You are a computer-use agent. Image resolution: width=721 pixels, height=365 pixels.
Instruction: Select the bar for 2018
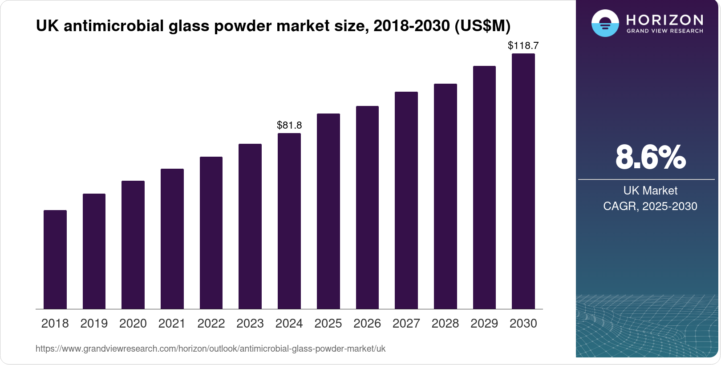pyautogui.click(x=55, y=260)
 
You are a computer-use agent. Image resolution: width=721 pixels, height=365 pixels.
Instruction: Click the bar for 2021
pyautogui.click(x=172, y=239)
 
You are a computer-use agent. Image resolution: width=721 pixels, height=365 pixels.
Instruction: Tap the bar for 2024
pyautogui.click(x=289, y=221)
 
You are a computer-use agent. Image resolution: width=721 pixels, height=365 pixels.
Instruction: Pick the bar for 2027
pyautogui.click(x=406, y=200)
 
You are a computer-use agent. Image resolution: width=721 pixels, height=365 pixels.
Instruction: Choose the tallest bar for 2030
pyautogui.click(x=523, y=181)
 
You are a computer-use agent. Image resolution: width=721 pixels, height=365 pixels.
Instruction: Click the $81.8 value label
pyautogui.click(x=289, y=125)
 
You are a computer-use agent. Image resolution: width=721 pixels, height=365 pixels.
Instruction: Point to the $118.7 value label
pyautogui.click(x=523, y=45)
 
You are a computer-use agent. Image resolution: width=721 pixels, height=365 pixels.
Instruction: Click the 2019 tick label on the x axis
pyautogui.click(x=94, y=324)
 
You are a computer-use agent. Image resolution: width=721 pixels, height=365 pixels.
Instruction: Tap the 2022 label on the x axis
pyautogui.click(x=211, y=324)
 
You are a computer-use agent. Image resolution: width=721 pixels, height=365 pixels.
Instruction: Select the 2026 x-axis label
pyautogui.click(x=367, y=324)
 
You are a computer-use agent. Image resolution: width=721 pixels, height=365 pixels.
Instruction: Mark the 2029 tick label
pyautogui.click(x=484, y=324)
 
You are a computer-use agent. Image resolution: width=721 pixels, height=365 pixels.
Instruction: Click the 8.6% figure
pyautogui.click(x=650, y=157)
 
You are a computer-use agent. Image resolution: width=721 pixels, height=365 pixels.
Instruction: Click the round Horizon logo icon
pyautogui.click(x=605, y=23)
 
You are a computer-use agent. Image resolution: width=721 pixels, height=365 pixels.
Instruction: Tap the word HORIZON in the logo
pyautogui.click(x=664, y=20)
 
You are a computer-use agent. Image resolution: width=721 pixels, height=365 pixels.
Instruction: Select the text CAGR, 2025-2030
pyautogui.click(x=650, y=206)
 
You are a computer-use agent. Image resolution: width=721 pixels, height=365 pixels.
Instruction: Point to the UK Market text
pyautogui.click(x=650, y=191)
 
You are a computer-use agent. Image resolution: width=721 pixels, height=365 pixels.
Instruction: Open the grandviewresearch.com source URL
pyautogui.click(x=211, y=349)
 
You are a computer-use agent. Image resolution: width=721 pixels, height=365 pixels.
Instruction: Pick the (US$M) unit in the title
pyautogui.click(x=482, y=26)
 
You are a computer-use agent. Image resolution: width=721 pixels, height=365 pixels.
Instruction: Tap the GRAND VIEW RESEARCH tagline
pyautogui.click(x=664, y=31)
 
